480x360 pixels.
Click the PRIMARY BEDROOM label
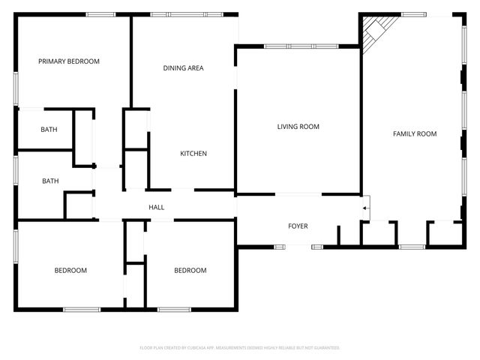pyautogui.click(x=69, y=61)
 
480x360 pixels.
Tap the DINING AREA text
pyautogui.click(x=184, y=68)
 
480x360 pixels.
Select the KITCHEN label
pyautogui.click(x=193, y=154)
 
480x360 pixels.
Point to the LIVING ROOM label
pyautogui.click(x=298, y=127)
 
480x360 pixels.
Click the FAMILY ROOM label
pyautogui.click(x=415, y=133)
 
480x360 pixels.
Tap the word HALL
pyautogui.click(x=157, y=208)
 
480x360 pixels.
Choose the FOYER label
pyautogui.click(x=298, y=226)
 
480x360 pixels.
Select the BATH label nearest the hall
pyautogui.click(x=50, y=181)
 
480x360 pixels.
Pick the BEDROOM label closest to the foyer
pyautogui.click(x=190, y=271)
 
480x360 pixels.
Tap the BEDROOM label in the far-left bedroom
pyautogui.click(x=70, y=271)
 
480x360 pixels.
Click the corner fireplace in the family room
pyautogui.click(x=373, y=31)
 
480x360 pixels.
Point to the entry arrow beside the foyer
pyautogui.click(x=365, y=208)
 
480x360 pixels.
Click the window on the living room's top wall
pyautogui.click(x=298, y=46)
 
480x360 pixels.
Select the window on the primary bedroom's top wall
pyautogui.click(x=100, y=14)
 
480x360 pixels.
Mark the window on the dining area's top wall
pyautogui.click(x=186, y=14)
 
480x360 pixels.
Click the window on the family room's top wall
pyautogui.click(x=414, y=14)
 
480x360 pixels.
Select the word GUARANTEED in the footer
pyautogui.click(x=324, y=348)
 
